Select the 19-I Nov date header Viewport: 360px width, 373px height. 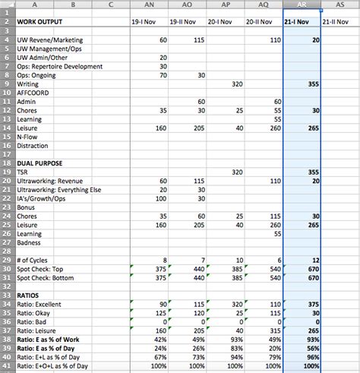coord(149,22)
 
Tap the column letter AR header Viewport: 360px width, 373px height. coord(301,5)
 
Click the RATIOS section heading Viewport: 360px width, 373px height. coord(28,294)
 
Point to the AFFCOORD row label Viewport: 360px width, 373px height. coord(34,93)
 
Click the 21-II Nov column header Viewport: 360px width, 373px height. coord(338,22)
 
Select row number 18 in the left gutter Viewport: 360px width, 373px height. coord(7,163)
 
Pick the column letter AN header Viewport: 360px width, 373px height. coord(149,5)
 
